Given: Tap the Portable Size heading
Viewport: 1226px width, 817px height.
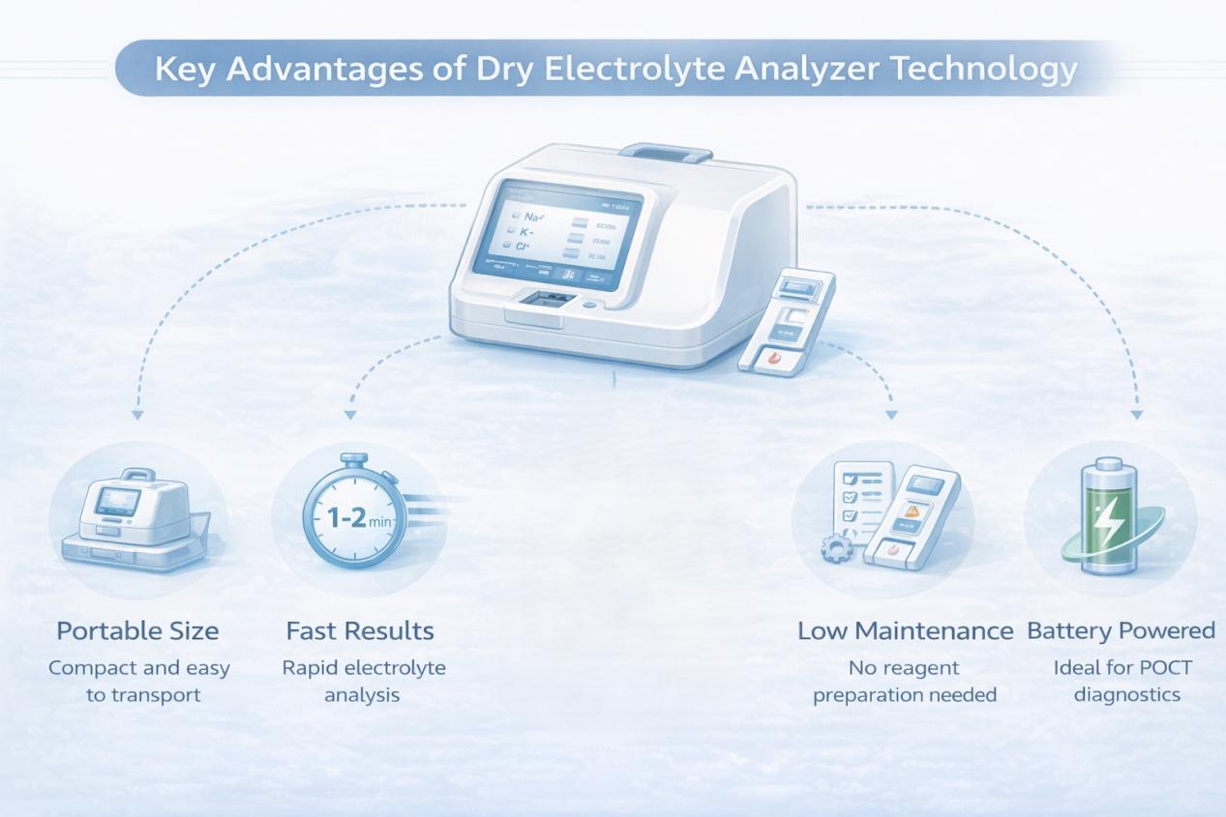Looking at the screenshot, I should (x=137, y=631).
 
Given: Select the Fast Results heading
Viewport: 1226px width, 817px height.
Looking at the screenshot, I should (x=360, y=631).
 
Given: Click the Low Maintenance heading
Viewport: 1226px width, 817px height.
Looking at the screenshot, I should (x=905, y=631).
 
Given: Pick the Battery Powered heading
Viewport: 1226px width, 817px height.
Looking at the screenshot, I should (x=1121, y=631).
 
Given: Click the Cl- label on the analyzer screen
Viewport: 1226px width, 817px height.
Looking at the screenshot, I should (x=523, y=248).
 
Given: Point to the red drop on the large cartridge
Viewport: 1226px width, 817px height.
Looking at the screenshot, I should (x=771, y=358).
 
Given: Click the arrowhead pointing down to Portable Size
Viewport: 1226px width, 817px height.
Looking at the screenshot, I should (x=137, y=414).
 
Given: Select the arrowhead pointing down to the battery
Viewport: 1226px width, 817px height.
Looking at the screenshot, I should (x=1137, y=414).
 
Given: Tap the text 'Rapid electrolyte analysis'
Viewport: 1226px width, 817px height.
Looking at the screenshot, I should (x=363, y=681).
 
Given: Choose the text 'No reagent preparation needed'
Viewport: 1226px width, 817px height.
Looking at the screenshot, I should (x=904, y=681).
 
